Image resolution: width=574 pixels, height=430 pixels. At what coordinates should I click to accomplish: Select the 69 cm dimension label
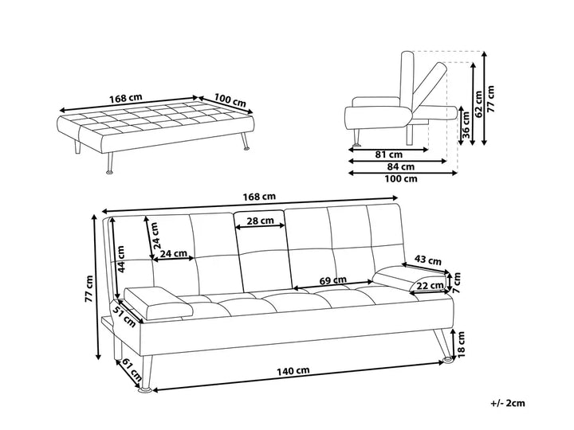pyautogui.click(x=333, y=280)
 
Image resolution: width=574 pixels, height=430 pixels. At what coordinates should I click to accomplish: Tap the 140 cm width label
pyautogui.click(x=293, y=371)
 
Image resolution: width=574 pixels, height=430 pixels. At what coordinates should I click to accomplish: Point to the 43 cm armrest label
pyautogui.click(x=428, y=260)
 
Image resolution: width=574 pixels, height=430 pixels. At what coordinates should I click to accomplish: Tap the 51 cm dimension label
pyautogui.click(x=124, y=315)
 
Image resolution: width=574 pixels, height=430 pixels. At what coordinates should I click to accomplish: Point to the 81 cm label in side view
pyautogui.click(x=390, y=153)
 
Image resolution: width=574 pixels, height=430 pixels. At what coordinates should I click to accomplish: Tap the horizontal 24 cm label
pyautogui.click(x=174, y=255)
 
